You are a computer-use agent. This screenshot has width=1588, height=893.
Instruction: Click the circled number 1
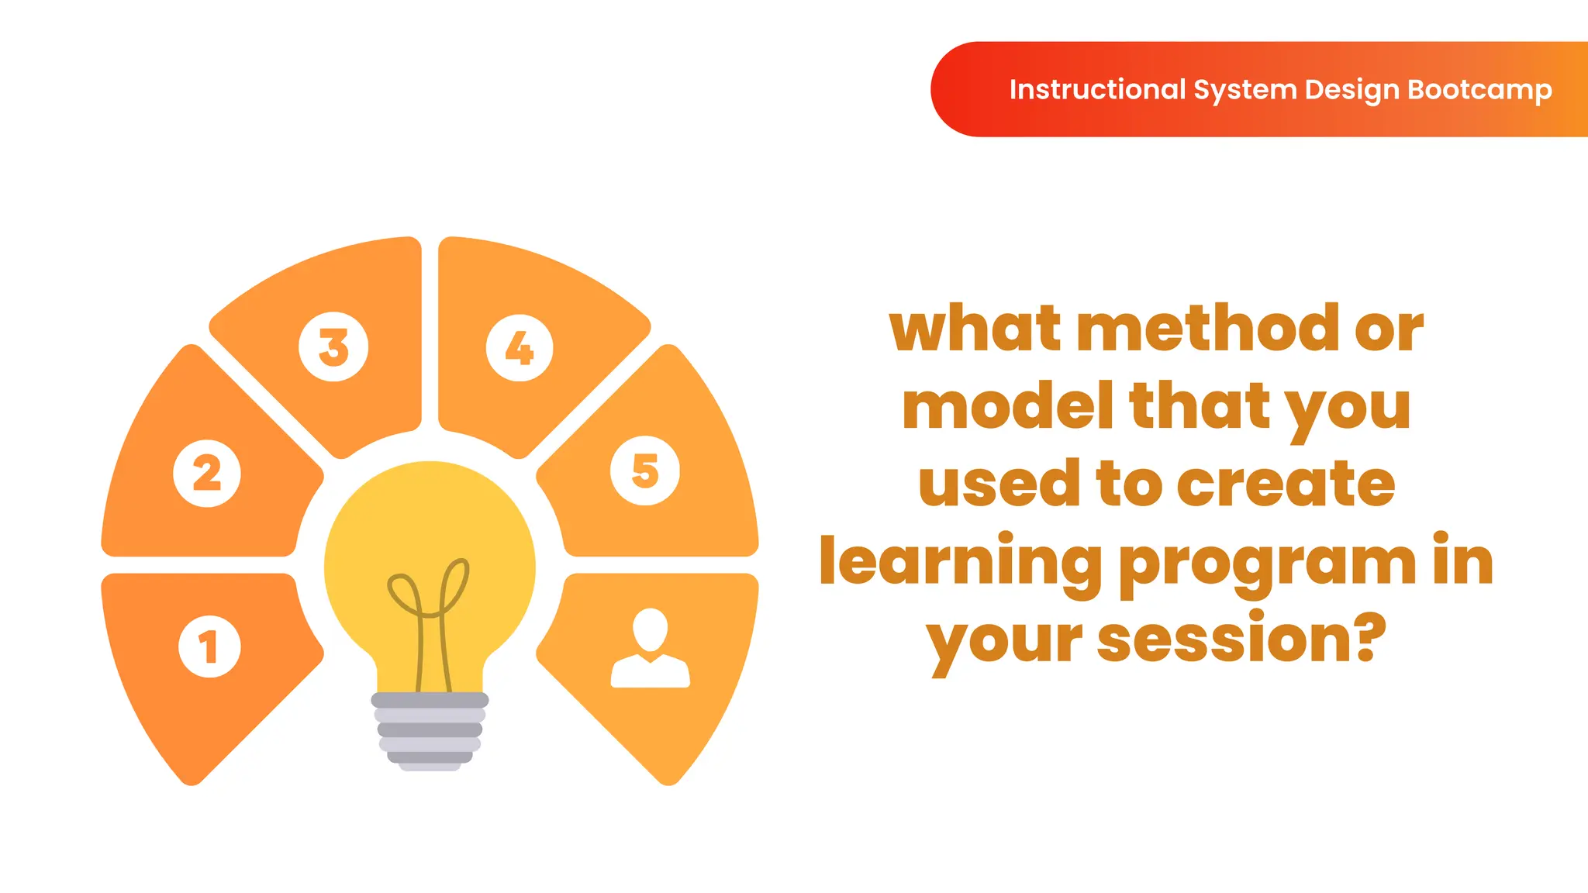(209, 646)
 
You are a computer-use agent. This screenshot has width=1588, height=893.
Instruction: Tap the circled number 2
(207, 473)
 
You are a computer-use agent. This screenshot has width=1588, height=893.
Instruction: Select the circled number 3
(333, 347)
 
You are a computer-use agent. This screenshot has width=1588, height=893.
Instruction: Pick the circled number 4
(520, 348)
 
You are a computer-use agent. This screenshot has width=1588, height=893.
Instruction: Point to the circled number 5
(645, 471)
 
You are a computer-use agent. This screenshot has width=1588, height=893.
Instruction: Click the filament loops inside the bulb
(429, 593)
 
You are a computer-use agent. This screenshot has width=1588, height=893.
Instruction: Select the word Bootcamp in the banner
(1479, 90)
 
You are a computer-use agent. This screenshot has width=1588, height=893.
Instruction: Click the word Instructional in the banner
(1097, 90)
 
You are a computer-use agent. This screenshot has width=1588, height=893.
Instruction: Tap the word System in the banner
(1245, 90)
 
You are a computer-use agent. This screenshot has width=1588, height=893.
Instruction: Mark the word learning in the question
(961, 563)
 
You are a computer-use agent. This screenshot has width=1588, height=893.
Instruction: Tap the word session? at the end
(1241, 640)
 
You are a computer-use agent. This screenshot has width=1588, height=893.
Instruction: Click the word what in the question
(975, 329)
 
